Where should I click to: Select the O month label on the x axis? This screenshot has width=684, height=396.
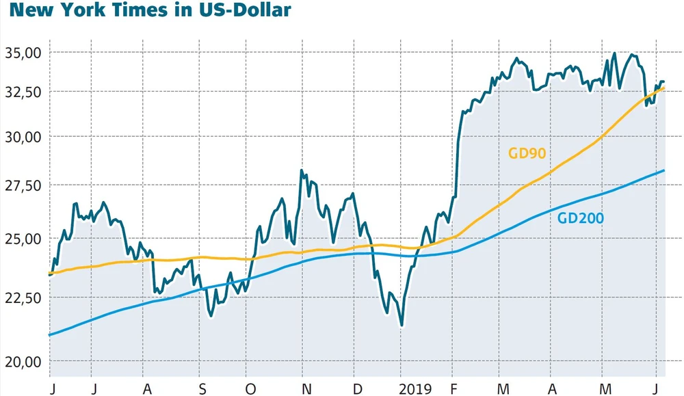tap(252, 389)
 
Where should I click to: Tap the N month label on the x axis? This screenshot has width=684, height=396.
tap(307, 389)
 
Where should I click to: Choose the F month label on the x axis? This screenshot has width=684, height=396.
tap(453, 389)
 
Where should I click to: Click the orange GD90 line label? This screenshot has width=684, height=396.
tap(527, 153)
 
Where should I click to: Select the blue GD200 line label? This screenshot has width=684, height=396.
tap(580, 219)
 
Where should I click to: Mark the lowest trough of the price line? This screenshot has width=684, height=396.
tap(402, 326)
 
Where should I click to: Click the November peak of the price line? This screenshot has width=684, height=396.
tap(302, 170)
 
